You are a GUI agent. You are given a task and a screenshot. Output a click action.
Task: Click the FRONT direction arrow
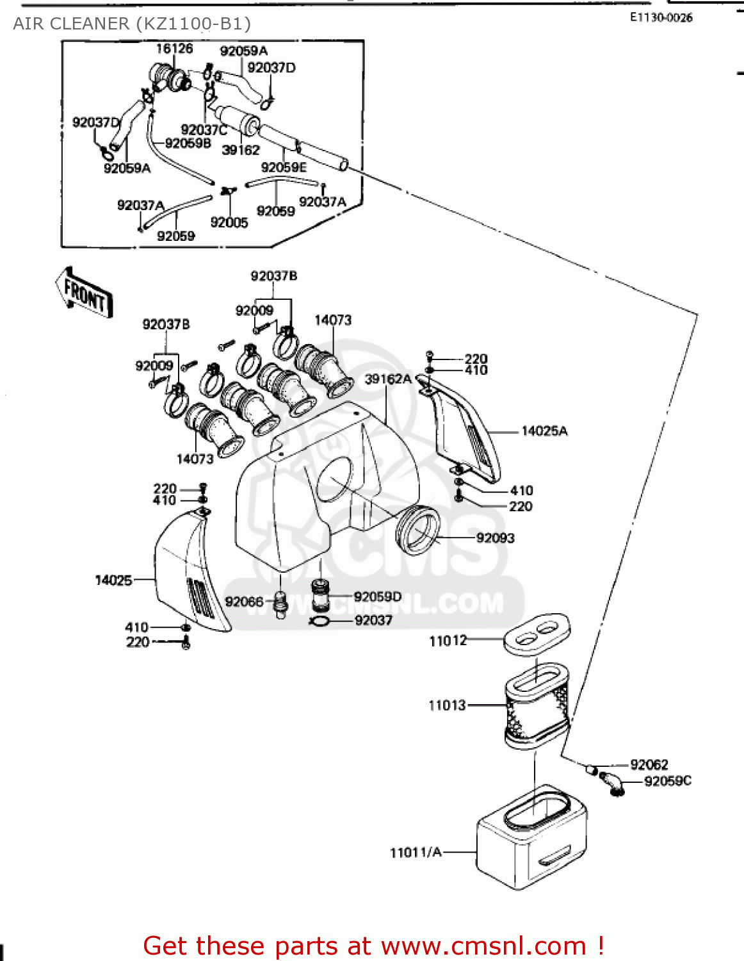(x=85, y=293)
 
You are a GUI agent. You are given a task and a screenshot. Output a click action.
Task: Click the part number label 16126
(x=174, y=49)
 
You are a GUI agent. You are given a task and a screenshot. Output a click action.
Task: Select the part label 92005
(x=229, y=222)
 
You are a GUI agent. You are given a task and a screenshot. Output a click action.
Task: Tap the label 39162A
(x=387, y=379)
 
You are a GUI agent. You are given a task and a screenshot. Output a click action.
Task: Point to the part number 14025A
(x=544, y=431)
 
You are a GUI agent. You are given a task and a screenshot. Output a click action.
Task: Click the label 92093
(x=495, y=538)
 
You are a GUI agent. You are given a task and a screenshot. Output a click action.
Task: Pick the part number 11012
(x=448, y=641)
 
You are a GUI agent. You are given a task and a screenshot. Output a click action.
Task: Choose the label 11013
(x=447, y=705)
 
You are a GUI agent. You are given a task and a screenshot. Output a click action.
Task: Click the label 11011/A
(x=416, y=853)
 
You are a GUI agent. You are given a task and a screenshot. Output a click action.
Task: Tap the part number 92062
(x=649, y=764)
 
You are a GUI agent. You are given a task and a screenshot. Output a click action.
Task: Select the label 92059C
(x=667, y=781)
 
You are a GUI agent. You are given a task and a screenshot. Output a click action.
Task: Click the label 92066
(x=243, y=602)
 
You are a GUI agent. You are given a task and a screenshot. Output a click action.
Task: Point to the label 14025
(x=113, y=580)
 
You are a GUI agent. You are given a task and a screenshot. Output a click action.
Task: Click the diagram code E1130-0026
(x=661, y=18)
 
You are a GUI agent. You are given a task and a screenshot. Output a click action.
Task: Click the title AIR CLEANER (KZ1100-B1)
(x=132, y=24)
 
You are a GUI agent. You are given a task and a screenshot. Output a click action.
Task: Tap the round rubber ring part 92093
(x=418, y=529)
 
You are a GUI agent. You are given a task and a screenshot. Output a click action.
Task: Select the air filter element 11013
(x=537, y=705)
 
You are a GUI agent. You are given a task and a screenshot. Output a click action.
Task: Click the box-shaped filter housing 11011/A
(x=531, y=839)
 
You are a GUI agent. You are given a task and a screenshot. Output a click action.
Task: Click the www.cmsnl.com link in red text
(x=483, y=946)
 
